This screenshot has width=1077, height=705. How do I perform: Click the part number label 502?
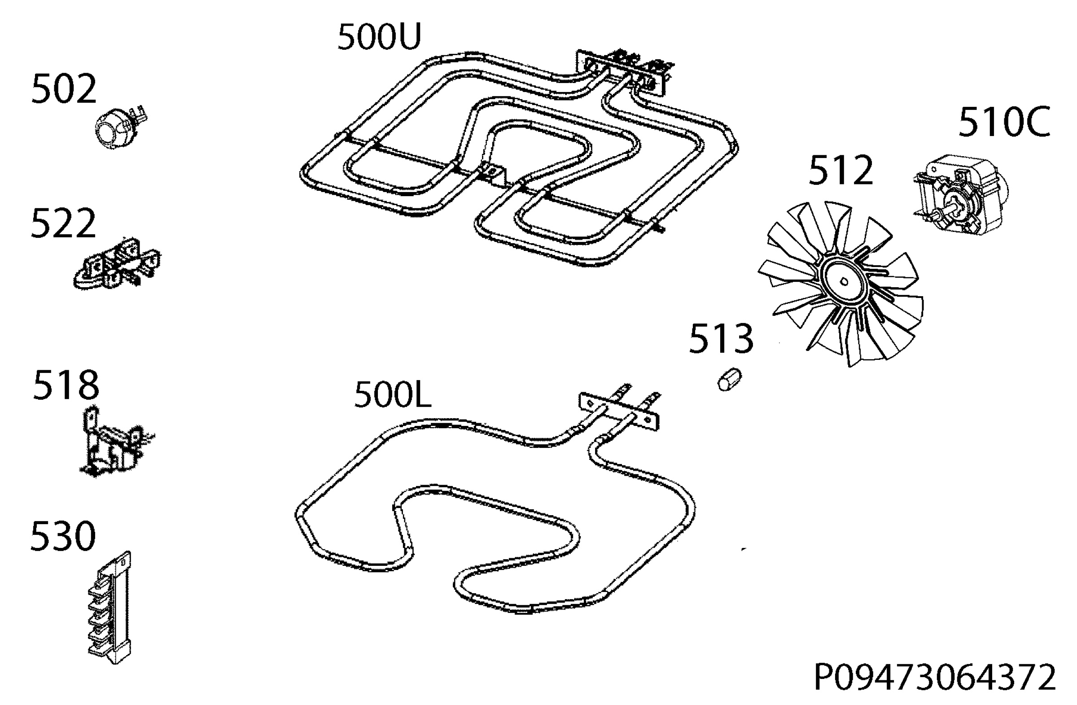pyautogui.click(x=64, y=89)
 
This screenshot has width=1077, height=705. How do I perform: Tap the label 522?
pyautogui.click(x=63, y=223)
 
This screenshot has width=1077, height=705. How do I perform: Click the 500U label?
pyautogui.click(x=379, y=37)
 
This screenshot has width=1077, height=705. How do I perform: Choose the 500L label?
pyautogui.click(x=392, y=394)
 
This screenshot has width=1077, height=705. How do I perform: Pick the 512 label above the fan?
pyautogui.click(x=841, y=170)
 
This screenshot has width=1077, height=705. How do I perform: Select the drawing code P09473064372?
pyautogui.click(x=935, y=677)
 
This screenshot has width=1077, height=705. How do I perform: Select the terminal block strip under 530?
pyautogui.click(x=109, y=608)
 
